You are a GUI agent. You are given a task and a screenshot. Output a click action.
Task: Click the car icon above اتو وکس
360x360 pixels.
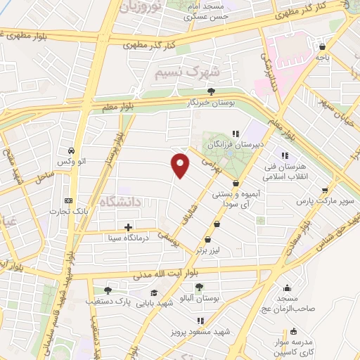click(72, 151)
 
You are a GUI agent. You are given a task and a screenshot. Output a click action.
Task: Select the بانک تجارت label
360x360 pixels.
click(67, 210)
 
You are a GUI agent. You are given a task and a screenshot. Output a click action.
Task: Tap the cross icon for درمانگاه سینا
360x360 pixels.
click(128, 227)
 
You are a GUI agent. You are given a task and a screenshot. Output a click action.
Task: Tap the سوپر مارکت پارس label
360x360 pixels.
click(323, 201)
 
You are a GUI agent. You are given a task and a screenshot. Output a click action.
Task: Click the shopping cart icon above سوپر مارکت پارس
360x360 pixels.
click(324, 190)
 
